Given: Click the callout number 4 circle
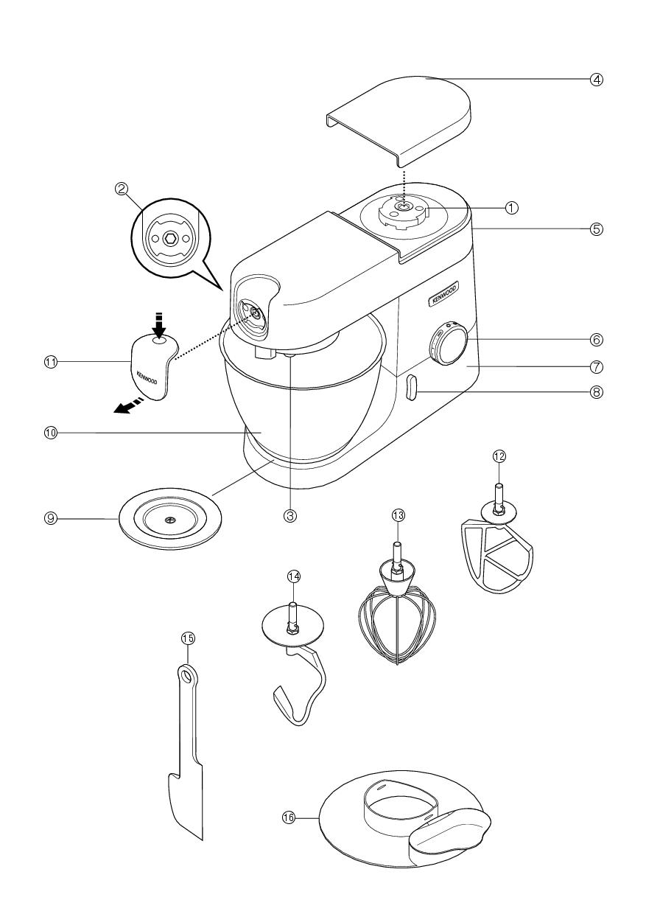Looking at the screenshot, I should coord(597,79).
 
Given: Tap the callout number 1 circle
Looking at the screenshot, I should coord(511,208).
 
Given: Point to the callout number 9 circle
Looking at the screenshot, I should coord(50,518).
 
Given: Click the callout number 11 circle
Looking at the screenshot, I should coord(51,362).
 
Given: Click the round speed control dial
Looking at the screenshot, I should coord(449,342).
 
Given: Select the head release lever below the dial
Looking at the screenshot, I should coord(411,388).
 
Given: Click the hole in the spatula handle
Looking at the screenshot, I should coord(186,673).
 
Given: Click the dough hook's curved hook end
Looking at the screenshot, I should coord(289,704).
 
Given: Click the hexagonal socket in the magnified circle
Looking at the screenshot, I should coord(170,237).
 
